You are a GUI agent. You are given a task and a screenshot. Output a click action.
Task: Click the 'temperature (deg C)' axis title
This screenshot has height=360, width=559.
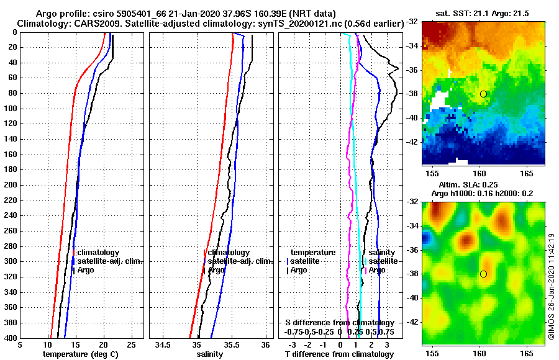pyautogui.click(x=80, y=354)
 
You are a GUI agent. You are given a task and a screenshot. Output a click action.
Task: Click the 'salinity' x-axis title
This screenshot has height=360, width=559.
pyautogui.click(x=210, y=354)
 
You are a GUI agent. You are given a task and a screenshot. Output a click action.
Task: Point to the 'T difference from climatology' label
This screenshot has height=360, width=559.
pyautogui.click(x=339, y=354)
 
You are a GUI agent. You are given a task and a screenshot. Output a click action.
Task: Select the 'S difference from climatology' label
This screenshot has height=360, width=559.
pyautogui.click(x=339, y=323)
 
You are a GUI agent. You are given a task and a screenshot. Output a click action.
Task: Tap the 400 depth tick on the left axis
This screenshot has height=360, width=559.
pyautogui.click(x=12, y=338)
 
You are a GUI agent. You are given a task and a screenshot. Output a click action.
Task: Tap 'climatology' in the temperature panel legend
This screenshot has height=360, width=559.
pyautogui.click(x=98, y=253)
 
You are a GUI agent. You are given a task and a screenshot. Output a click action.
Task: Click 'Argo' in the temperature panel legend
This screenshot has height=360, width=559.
pyautogui.click(x=86, y=270)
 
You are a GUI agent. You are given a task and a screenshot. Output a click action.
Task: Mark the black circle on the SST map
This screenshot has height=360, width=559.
pyautogui.click(x=483, y=94)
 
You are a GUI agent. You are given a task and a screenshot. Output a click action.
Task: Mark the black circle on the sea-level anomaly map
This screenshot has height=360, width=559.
pyautogui.click(x=483, y=274)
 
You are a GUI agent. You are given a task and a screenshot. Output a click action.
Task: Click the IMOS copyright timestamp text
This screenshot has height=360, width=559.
pyautogui.click(x=551, y=286)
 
